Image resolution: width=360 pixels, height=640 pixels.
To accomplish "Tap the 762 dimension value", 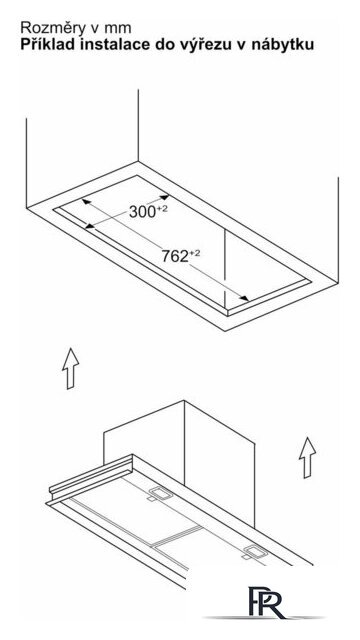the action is pyautogui.click(x=175, y=256).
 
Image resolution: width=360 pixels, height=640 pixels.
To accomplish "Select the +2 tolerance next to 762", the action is pyautogui.click(x=195, y=254).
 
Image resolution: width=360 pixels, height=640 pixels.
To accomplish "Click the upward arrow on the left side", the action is pyautogui.click(x=71, y=368).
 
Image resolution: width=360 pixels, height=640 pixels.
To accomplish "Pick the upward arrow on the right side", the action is pyautogui.click(x=307, y=457).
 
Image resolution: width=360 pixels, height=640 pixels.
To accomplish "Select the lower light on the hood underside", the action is pyautogui.click(x=255, y=552).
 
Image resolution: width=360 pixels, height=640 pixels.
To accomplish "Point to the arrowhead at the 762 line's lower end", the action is pyautogui.click(x=244, y=299).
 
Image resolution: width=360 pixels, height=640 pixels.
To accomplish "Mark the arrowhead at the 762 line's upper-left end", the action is pyautogui.click(x=86, y=201).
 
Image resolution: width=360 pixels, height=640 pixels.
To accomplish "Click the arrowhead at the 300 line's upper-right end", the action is pyautogui.click(x=164, y=198).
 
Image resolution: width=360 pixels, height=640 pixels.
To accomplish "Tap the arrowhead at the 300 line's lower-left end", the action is pyautogui.click(x=90, y=226).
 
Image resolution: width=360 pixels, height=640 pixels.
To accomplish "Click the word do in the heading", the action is pyautogui.click(x=166, y=44).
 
